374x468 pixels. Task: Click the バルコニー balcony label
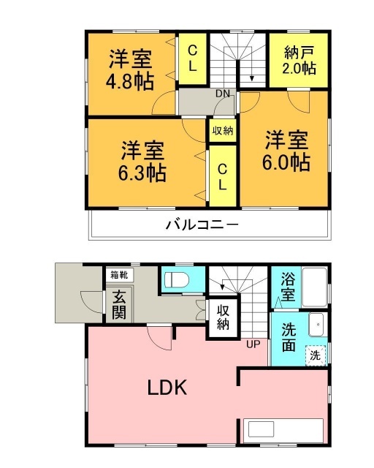[x=201, y=224]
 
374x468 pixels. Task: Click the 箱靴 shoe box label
[x=118, y=275]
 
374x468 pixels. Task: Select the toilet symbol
[x=176, y=281]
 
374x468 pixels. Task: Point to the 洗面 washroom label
[x=289, y=337]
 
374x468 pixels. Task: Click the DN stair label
[x=221, y=94]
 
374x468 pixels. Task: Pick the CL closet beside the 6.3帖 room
[x=223, y=176]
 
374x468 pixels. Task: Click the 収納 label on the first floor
[x=223, y=317]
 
